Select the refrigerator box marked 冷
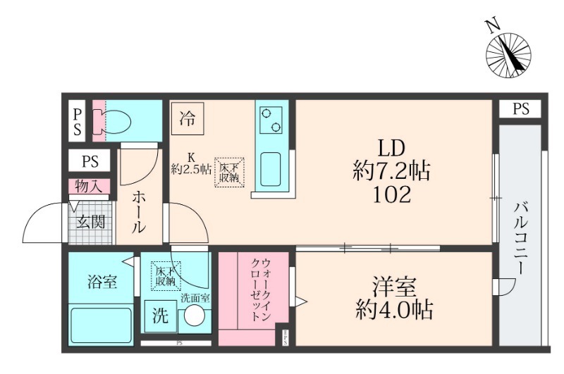pyautogui.click(x=187, y=118)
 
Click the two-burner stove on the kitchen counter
pyautogui.click(x=271, y=120)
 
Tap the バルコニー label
pyautogui.click(x=521, y=239)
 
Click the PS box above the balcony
pyautogui.click(x=520, y=109)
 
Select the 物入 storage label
pyautogui.click(x=90, y=187)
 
